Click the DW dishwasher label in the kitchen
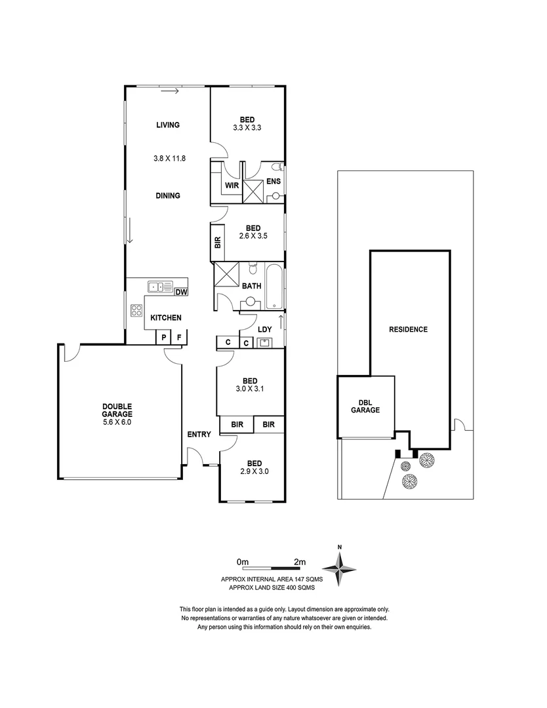(181, 292)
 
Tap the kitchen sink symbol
(157, 286)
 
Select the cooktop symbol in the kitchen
(136, 311)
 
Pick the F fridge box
(179, 338)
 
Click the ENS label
(273, 182)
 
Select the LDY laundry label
(265, 328)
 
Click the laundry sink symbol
(264, 342)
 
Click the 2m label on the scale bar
(300, 562)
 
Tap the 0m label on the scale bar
(243, 562)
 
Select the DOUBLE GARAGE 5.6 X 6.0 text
(117, 414)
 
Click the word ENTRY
(199, 434)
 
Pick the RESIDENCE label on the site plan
(408, 329)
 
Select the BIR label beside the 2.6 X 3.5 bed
(218, 242)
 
